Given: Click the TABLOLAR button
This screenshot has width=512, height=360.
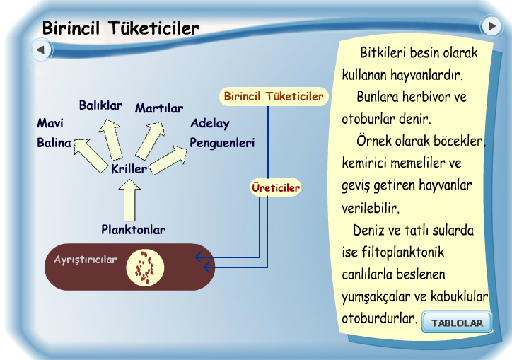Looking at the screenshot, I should pyautogui.click(x=457, y=323).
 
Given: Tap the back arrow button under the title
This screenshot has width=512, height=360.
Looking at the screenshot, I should pyautogui.click(x=41, y=50).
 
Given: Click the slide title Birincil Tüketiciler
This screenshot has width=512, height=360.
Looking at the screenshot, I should pyautogui.click(x=121, y=28).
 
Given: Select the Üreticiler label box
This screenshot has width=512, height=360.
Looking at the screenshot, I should pyautogui.click(x=276, y=188).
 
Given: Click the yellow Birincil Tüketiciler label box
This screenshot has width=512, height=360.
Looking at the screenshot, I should pyautogui.click(x=273, y=96).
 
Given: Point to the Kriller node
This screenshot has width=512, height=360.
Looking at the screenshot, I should pyautogui.click(x=129, y=169).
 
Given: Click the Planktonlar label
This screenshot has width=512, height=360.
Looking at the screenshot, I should pyautogui.click(x=133, y=230).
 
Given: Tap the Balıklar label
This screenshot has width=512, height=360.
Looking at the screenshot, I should pyautogui.click(x=100, y=106).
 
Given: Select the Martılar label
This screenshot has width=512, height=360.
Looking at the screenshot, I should pyautogui.click(x=159, y=108).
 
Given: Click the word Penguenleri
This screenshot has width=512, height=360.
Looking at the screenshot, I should pyautogui.click(x=222, y=143).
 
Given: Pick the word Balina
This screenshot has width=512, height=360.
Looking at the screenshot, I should pyautogui.click(x=54, y=143).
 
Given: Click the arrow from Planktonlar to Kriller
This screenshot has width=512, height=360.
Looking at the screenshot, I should pyautogui.click(x=129, y=200).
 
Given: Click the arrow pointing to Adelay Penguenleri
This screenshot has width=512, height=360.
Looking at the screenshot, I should pyautogui.click(x=168, y=157).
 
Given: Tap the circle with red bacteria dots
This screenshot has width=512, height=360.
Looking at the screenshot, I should pyautogui.click(x=145, y=267).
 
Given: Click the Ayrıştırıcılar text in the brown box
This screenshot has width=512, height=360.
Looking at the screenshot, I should pyautogui.click(x=86, y=260).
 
